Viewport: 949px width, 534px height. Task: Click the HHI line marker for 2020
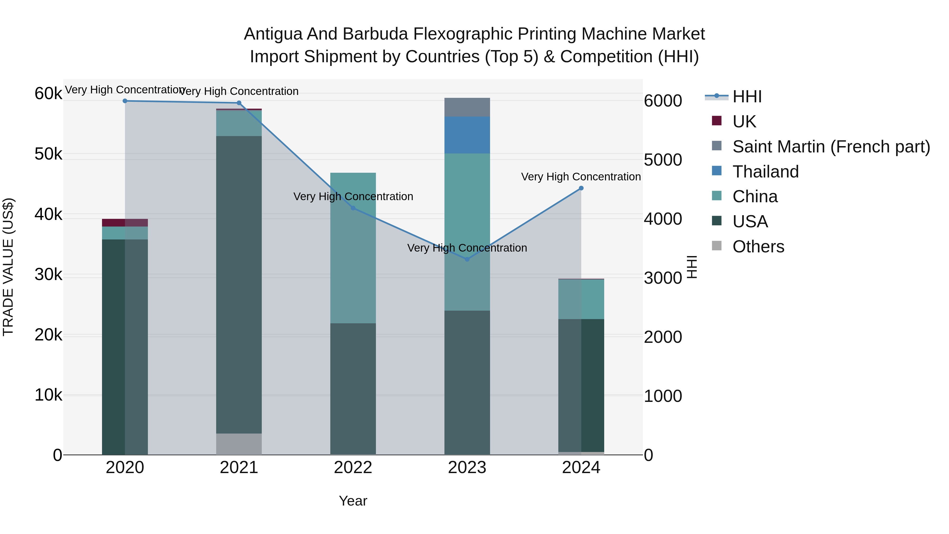coord(125,101)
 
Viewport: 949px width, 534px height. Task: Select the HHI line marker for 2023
coord(467,259)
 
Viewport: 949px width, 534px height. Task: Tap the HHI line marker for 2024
coord(581,188)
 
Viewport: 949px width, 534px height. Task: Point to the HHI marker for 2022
coord(353,208)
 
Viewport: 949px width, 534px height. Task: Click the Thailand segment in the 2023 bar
coord(467,135)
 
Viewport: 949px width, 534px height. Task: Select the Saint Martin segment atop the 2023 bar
coord(467,107)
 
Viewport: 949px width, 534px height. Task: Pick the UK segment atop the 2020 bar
coord(125,223)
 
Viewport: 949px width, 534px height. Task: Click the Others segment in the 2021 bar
coord(239,444)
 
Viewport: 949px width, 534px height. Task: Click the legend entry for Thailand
coord(765,172)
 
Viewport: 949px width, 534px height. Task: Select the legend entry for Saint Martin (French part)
coord(831,147)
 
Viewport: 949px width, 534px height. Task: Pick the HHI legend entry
coord(747,97)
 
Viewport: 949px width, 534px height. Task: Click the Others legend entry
coord(758,247)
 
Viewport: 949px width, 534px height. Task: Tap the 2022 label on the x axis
coord(353,468)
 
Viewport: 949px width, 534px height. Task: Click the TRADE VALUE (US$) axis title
coord(8,267)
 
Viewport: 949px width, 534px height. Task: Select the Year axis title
coord(353,501)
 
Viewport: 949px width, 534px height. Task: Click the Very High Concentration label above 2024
coord(581,177)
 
